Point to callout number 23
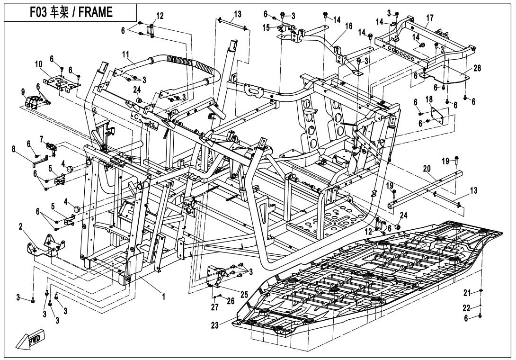click(x=215, y=325)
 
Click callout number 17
click(x=430, y=18)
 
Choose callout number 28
click(x=477, y=68)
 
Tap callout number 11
click(x=126, y=54)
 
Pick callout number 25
click(x=243, y=295)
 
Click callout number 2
click(x=20, y=226)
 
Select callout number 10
click(x=39, y=64)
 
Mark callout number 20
click(x=427, y=169)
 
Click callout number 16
click(x=348, y=26)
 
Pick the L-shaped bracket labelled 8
click(x=43, y=161)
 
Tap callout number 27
click(x=214, y=307)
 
